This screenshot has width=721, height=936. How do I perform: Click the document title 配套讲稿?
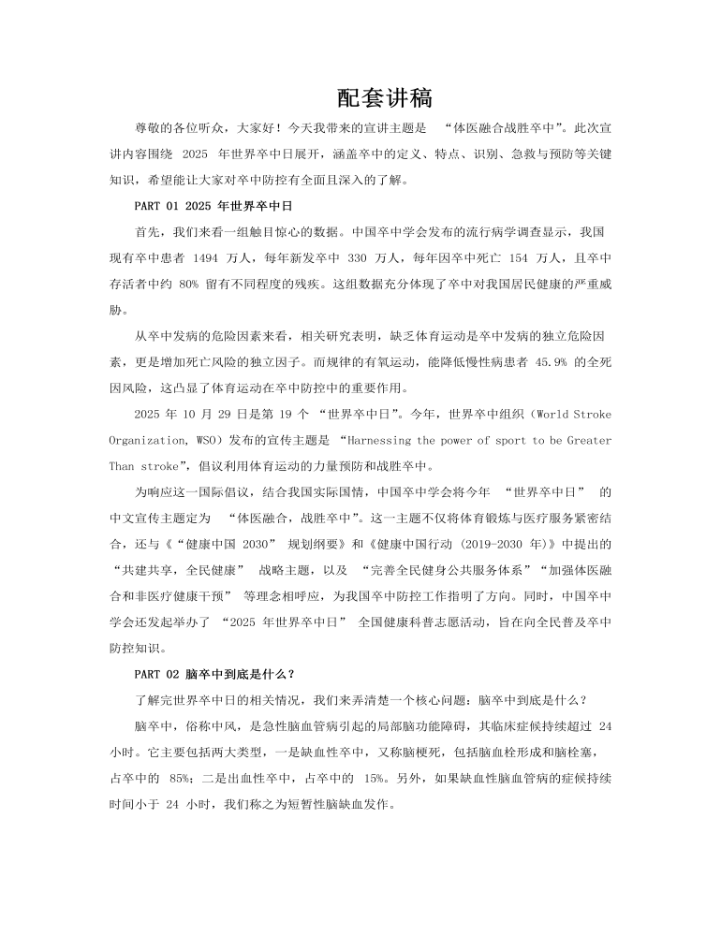[384, 97]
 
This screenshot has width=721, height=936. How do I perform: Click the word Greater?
[585, 440]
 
